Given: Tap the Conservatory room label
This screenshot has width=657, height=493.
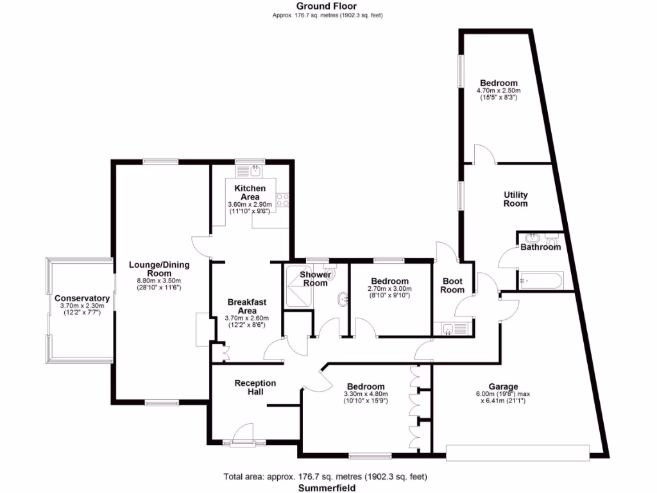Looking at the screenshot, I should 81,298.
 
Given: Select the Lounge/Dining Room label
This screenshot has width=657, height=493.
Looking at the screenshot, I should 159,269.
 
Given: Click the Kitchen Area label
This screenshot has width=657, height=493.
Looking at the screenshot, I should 250,192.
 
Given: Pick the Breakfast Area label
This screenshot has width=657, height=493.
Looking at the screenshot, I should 247,306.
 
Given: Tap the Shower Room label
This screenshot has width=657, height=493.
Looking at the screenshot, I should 316,279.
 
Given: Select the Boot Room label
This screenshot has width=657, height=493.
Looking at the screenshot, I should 452,285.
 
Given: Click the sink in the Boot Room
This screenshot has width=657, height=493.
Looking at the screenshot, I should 448,329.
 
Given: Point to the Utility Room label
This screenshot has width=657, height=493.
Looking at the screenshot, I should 515,199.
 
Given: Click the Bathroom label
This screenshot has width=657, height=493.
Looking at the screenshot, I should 540,246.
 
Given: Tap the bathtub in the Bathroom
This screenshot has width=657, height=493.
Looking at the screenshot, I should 540,281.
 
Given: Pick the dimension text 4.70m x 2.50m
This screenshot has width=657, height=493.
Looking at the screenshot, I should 499,91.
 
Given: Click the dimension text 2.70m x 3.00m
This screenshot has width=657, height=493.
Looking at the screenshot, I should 389,289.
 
